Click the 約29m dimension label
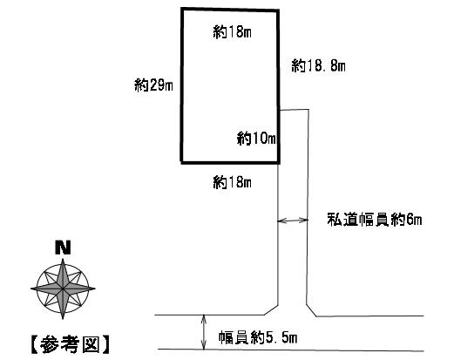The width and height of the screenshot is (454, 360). click(x=153, y=85)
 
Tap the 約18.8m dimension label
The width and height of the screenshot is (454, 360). click(x=318, y=65)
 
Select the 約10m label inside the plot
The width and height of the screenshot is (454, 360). click(x=256, y=139)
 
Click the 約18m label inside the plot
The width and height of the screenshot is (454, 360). click(x=232, y=31)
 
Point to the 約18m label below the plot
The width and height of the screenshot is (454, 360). click(x=232, y=182)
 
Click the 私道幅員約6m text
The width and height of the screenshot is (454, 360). click(x=375, y=220)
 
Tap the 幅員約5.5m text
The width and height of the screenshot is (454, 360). click(x=258, y=338)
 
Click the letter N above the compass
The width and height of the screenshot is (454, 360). click(x=63, y=248)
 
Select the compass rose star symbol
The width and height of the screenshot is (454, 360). click(x=63, y=289)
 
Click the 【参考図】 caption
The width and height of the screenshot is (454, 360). click(x=71, y=344)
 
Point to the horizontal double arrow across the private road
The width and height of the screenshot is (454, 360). click(x=293, y=221)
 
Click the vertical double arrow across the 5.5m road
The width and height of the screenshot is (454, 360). click(x=204, y=332)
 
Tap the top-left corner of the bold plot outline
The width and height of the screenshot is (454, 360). click(x=182, y=9)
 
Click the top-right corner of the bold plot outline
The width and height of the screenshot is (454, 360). click(x=278, y=10)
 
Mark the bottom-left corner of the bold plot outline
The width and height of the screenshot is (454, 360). click(x=182, y=162)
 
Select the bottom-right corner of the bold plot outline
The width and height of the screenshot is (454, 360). click(x=279, y=163)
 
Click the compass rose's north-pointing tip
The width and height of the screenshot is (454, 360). click(x=63, y=259)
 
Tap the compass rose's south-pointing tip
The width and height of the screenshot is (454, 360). click(x=63, y=319)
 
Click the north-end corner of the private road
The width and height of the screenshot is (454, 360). click(x=308, y=109)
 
